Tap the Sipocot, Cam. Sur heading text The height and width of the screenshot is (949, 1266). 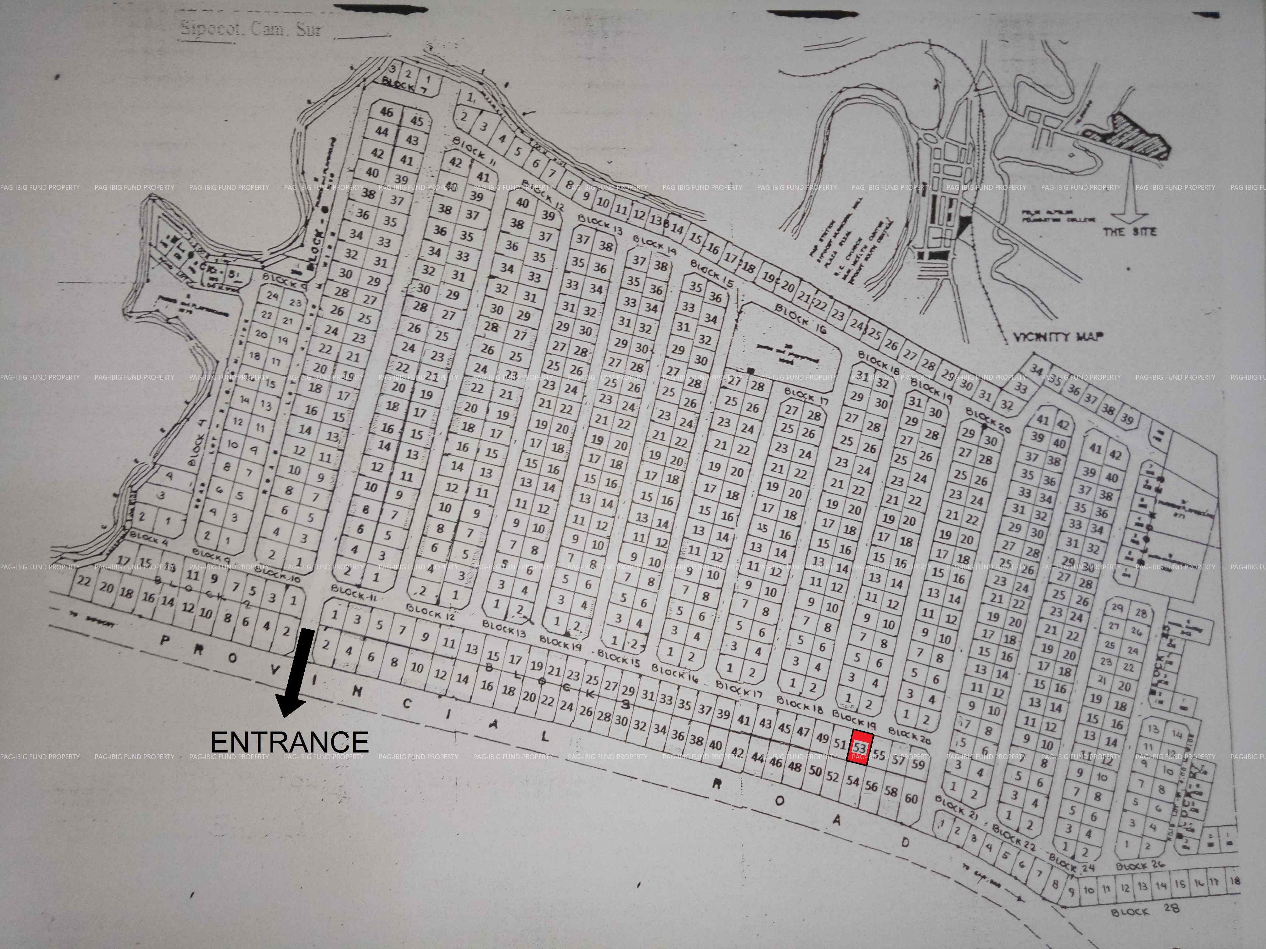point(251,29)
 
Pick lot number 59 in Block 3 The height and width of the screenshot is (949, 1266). point(918,764)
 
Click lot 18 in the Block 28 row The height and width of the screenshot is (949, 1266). point(1234,881)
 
